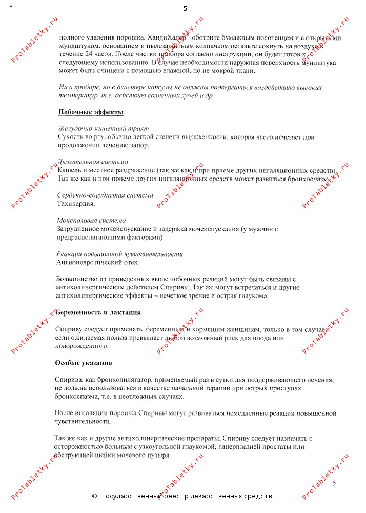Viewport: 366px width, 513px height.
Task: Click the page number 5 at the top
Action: pos(185,9)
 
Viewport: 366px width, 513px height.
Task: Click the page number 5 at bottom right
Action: pos(334,483)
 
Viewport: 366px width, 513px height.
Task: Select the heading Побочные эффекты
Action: pos(91,112)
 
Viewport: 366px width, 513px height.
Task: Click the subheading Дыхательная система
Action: pos(92,162)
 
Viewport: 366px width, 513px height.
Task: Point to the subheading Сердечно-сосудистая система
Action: pos(105,195)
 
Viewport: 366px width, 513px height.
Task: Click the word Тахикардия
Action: pos(75,204)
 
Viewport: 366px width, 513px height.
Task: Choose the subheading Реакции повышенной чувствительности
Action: pos(119,253)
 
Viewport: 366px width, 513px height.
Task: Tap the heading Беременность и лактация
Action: pos(98,312)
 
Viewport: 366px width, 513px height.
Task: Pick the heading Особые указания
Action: pos(84,363)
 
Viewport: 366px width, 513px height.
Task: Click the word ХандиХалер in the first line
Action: pos(168,37)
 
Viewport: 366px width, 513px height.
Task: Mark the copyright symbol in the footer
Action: pos(94,496)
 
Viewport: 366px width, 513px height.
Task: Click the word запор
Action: pos(139,146)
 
